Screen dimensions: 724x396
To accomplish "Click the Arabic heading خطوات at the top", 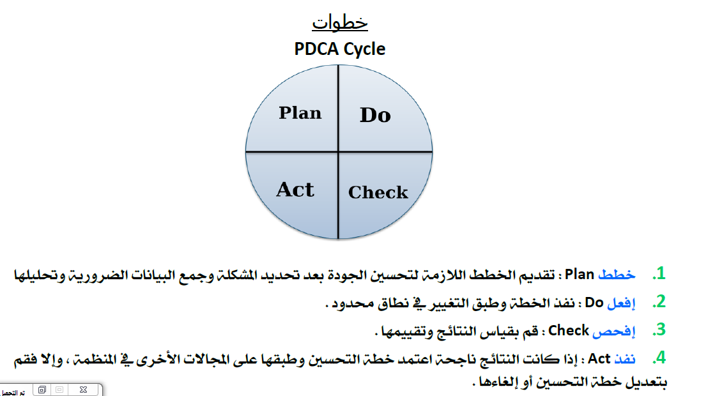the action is click(x=340, y=22).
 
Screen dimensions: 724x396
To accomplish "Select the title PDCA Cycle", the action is click(x=340, y=49).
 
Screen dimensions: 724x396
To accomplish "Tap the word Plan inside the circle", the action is click(x=300, y=113).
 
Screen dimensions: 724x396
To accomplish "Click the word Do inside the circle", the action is click(x=375, y=115).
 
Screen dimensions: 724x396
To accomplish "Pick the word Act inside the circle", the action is click(x=295, y=190).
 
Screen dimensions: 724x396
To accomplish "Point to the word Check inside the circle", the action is click(x=378, y=192).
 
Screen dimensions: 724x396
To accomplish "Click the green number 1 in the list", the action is click(x=659, y=274).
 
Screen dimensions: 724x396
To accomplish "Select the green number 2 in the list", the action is click(x=659, y=302).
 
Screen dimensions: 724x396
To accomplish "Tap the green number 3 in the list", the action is click(x=659, y=330).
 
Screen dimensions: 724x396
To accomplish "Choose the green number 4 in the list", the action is click(x=659, y=358).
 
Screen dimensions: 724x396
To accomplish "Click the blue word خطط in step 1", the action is click(x=617, y=274).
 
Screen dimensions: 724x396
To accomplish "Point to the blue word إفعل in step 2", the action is click(x=622, y=303).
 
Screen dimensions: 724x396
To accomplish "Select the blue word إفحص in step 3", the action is click(x=614, y=331).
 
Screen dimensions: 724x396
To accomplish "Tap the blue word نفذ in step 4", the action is click(x=625, y=358).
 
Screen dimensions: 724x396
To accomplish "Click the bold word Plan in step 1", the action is click(x=580, y=274).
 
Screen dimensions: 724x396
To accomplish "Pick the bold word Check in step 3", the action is click(x=568, y=330).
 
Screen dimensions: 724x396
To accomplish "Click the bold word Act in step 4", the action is click(x=599, y=358).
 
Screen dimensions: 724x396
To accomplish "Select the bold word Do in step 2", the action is click(x=594, y=302).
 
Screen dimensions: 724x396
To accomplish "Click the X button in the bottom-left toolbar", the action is click(x=84, y=390).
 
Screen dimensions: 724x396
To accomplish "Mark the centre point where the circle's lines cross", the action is click(x=339, y=152).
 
